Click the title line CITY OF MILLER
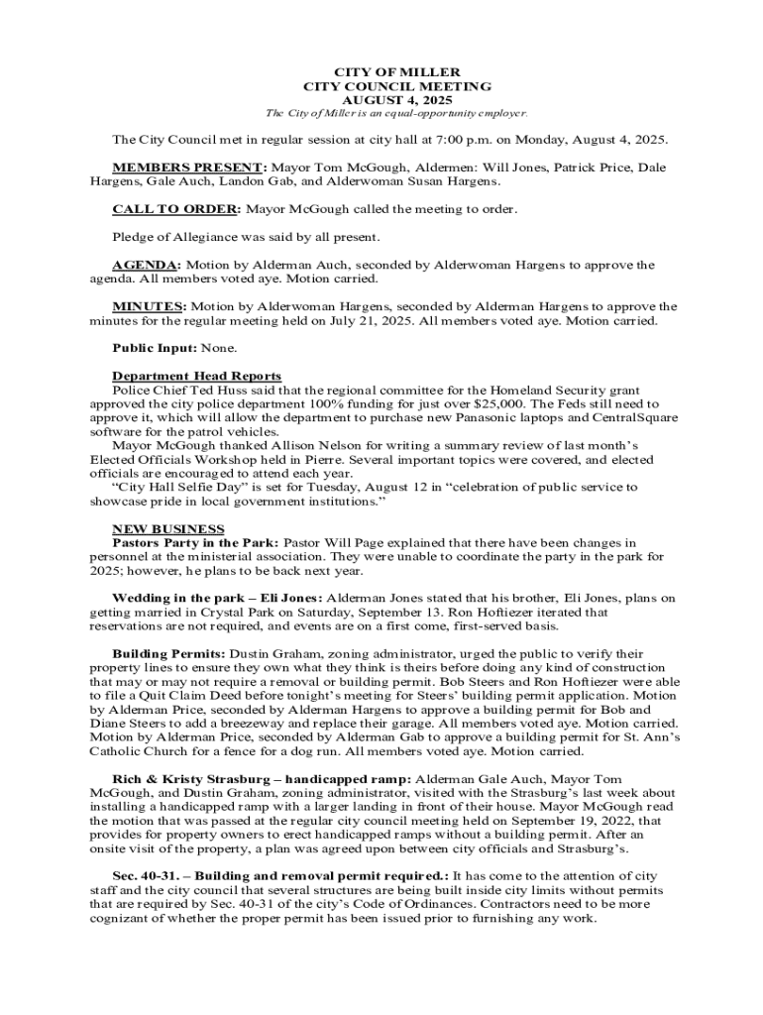(x=381, y=73)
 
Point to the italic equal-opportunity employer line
(x=381, y=113)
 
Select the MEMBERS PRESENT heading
(x=189, y=168)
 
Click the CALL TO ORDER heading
(x=175, y=209)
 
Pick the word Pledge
(x=134, y=237)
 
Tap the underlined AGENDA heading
(x=147, y=265)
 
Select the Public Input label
(x=155, y=348)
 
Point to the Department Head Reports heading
(x=196, y=376)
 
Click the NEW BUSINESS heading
(x=168, y=528)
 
